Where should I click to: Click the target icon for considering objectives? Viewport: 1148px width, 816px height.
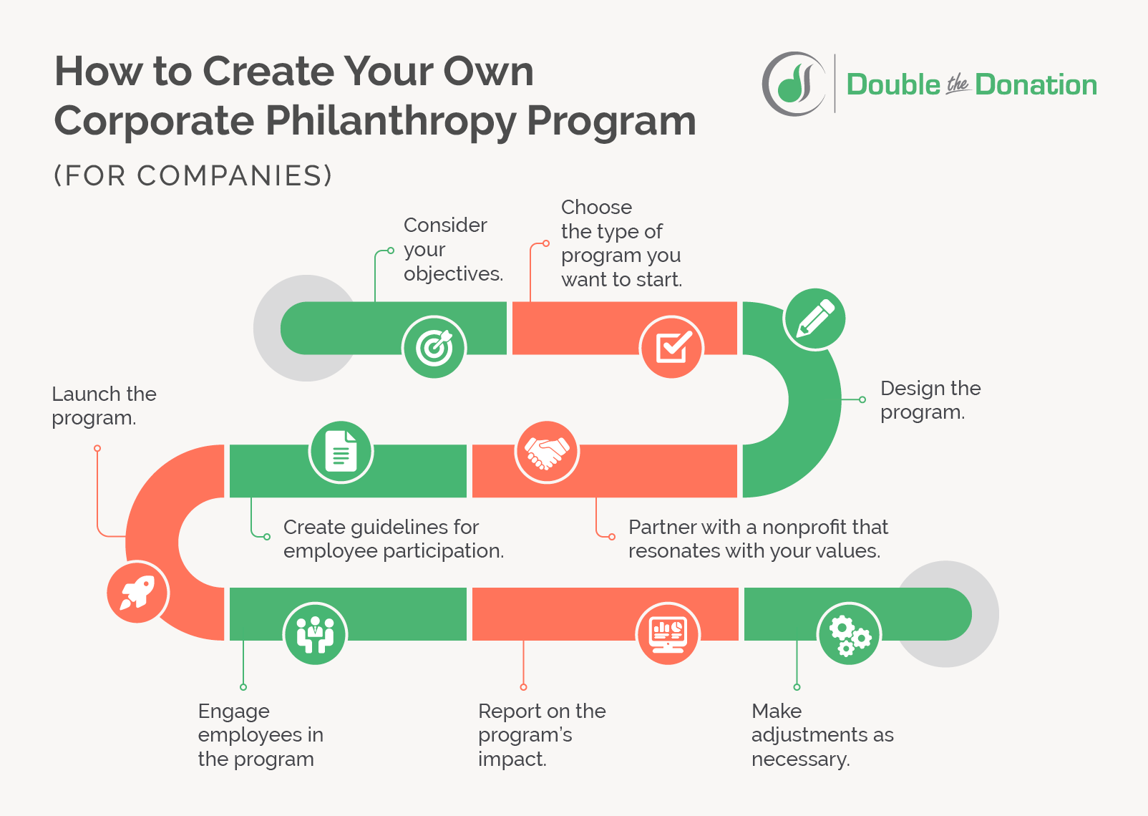434,347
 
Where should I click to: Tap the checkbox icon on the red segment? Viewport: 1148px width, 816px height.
672,347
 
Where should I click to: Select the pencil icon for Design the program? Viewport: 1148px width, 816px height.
814,319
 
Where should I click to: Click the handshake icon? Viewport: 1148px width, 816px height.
547,452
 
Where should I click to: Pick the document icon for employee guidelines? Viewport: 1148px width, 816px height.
341,452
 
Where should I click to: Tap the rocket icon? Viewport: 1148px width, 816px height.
138,593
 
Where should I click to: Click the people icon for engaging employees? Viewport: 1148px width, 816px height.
315,633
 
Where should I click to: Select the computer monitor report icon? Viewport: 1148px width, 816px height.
668,633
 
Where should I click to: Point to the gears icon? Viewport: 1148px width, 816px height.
850,633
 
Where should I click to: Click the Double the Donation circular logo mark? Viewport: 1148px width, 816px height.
793,84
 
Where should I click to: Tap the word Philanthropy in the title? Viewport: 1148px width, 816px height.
391,122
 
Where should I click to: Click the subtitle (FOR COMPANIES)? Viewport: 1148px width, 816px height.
193,175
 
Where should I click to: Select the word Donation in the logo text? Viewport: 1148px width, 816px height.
1036,84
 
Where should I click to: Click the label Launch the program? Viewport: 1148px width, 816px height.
104,406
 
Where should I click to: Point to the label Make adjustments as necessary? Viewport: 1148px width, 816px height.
822,735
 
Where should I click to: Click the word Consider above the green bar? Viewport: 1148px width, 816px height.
445,225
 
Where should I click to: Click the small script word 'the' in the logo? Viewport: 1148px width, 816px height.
958,84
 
